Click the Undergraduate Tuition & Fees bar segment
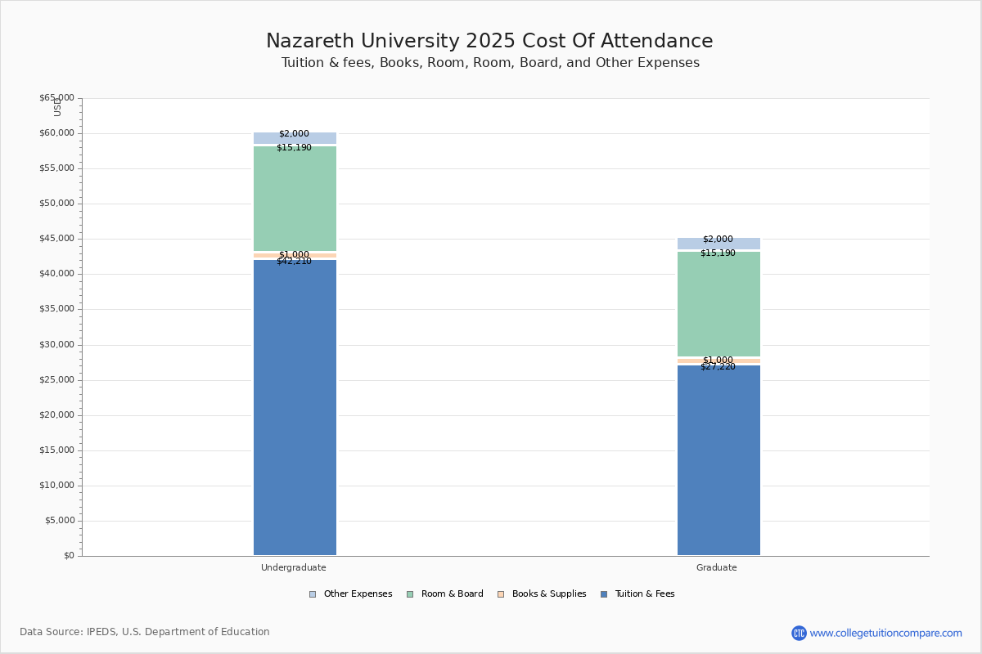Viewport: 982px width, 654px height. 295,409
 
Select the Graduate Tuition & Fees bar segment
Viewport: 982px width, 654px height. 718,462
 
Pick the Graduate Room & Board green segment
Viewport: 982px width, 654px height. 718,305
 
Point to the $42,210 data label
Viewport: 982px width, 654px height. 294,262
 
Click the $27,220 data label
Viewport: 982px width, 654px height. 718,367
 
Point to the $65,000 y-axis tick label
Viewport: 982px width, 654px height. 56,98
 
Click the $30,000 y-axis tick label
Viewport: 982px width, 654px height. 56,345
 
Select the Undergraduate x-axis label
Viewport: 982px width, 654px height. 294,567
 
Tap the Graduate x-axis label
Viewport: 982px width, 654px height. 717,567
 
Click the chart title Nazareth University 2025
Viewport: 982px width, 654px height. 489,42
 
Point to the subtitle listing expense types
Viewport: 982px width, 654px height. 490,63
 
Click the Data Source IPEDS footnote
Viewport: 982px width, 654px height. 145,632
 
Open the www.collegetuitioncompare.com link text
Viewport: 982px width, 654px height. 885,633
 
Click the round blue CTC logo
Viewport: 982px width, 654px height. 799,633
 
